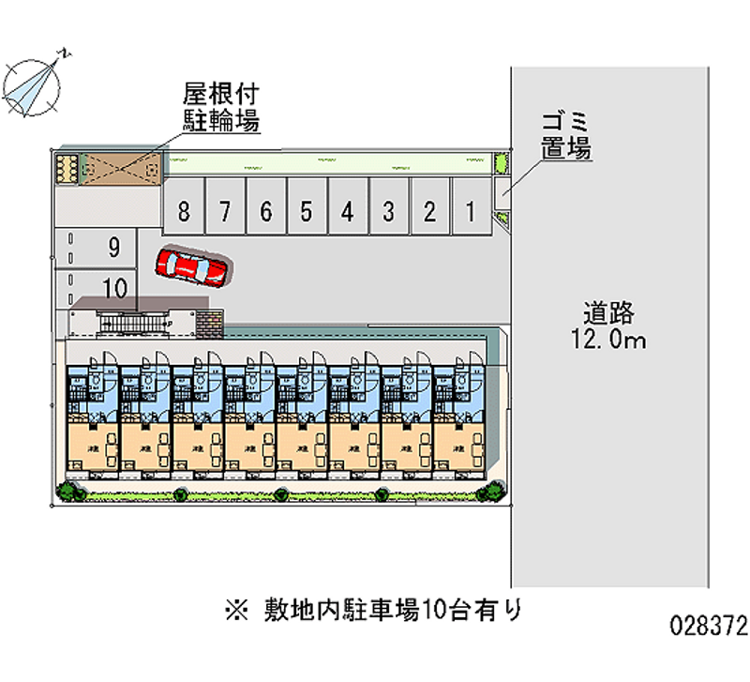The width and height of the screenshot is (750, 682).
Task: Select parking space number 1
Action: pos(470,212)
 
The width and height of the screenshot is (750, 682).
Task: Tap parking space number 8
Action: pos(185,212)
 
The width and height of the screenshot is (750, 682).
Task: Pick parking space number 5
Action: pos(307,212)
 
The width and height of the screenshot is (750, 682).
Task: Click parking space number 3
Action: pos(388,212)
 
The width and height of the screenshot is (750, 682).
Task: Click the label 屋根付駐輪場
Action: pos(220,107)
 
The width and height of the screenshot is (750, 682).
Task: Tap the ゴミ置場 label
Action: pos(564,135)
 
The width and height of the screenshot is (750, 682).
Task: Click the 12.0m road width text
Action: pos(607,340)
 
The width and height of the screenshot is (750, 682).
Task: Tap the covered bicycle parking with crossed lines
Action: pos(122,167)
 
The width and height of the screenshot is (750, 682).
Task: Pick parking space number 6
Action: pos(266,212)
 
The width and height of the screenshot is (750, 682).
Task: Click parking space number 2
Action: pos(428,212)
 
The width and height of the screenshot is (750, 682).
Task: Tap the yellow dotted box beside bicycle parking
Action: pos(67,167)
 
